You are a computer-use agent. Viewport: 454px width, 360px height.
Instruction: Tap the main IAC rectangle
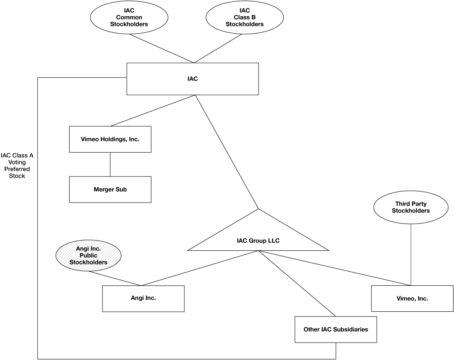[x=192, y=79]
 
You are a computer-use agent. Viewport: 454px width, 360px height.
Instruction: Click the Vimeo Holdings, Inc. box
[x=110, y=139]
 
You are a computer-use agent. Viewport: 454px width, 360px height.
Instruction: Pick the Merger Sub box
[x=110, y=189]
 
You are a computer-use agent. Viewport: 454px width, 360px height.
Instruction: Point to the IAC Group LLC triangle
[x=258, y=239]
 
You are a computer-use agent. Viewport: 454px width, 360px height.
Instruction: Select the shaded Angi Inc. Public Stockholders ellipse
[x=88, y=255]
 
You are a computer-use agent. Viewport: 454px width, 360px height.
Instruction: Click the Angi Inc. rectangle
[x=143, y=298]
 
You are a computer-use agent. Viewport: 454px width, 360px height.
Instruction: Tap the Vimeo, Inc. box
[x=412, y=299]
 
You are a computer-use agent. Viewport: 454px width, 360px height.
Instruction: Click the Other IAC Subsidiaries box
[x=336, y=329]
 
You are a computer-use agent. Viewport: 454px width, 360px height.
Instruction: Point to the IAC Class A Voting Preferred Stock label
[x=17, y=165]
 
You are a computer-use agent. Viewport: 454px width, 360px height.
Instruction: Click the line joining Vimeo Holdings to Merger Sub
[x=110, y=164]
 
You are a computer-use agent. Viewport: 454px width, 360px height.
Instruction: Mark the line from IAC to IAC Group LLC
[x=226, y=151]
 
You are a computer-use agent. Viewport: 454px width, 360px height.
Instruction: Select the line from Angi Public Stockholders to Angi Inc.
[x=113, y=279]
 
